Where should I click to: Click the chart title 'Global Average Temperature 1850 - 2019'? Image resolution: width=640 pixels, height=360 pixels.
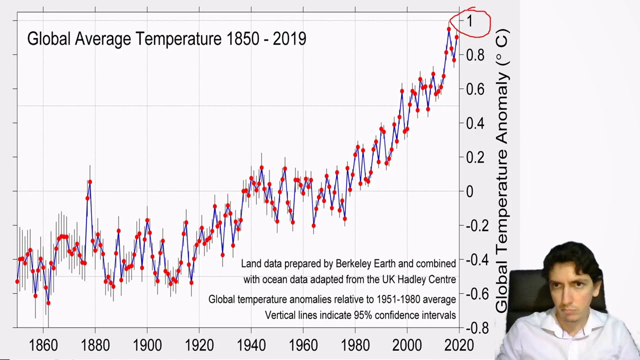[x=166, y=38]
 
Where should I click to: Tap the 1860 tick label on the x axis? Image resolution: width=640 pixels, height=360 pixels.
[x=43, y=345]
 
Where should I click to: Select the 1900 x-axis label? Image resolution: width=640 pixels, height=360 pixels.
[x=147, y=345]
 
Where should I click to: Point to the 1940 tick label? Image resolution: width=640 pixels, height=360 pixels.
[x=251, y=345]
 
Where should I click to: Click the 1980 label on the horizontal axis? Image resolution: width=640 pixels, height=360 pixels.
[x=355, y=345]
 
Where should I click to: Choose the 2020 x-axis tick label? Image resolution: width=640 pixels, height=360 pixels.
[x=459, y=345]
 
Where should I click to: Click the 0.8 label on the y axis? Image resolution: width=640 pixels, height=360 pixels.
[x=475, y=55]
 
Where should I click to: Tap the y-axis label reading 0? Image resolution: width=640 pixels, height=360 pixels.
[x=469, y=191]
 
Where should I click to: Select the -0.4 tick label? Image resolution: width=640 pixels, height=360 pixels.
[x=477, y=259]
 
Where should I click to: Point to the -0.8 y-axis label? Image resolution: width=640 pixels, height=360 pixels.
[x=477, y=328]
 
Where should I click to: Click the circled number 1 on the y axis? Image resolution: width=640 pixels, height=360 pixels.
[x=470, y=21]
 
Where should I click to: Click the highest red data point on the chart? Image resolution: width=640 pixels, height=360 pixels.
[x=449, y=29]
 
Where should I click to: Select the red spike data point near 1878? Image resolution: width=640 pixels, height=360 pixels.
[x=90, y=181]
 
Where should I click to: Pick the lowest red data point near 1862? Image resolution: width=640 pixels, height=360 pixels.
[x=48, y=303]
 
